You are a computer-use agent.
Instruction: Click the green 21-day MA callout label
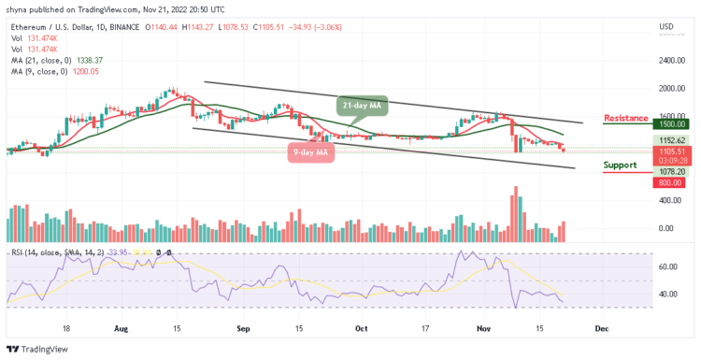[x=362, y=106]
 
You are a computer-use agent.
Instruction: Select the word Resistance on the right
[x=626, y=119]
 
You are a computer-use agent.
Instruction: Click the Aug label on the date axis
[x=122, y=329]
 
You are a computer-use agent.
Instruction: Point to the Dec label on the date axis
[x=603, y=329]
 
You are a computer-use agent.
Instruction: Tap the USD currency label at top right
[x=666, y=26]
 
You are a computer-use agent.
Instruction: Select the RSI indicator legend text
[x=56, y=251]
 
